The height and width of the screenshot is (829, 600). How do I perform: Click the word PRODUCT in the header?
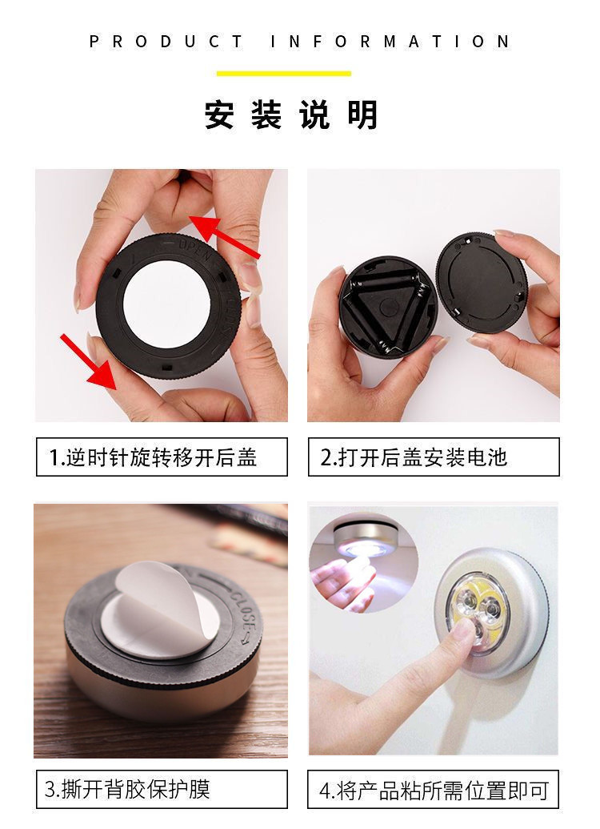(x=166, y=42)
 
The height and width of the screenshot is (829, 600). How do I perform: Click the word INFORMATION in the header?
(x=390, y=42)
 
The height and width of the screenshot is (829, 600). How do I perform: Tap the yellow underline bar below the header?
(x=284, y=74)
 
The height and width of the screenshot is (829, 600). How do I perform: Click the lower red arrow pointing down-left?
(x=92, y=363)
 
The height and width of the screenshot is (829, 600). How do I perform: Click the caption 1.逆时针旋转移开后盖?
(x=161, y=457)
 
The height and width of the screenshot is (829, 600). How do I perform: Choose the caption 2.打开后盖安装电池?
(x=433, y=457)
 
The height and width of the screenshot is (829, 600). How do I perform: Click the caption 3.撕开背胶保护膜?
(x=161, y=790)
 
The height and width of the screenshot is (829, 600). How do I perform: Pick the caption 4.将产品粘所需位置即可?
(x=433, y=790)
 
